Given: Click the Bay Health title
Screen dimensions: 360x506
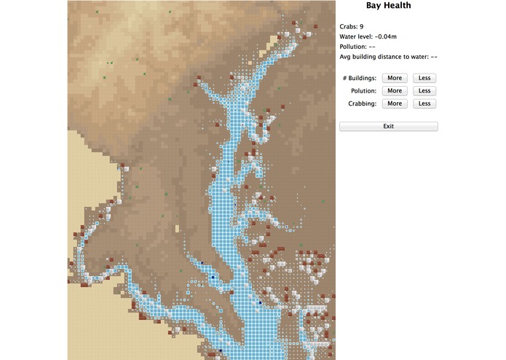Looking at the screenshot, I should [388, 6].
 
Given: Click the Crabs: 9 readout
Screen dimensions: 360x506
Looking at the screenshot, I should [352, 27].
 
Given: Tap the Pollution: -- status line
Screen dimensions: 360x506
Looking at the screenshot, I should [360, 46].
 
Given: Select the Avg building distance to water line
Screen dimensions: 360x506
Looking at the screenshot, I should [388, 56].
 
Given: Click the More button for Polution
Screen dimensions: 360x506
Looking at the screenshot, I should [395, 91].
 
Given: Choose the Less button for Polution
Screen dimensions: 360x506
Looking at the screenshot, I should [424, 91].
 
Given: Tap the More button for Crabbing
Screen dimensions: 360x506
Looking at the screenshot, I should [395, 104].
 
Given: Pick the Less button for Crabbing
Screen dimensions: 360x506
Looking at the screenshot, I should [424, 104].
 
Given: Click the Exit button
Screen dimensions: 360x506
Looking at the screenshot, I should [388, 126].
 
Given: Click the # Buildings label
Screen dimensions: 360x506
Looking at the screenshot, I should [359, 78].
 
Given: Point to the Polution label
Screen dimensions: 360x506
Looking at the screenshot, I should [362, 91].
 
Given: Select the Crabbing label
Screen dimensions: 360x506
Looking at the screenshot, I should [361, 104].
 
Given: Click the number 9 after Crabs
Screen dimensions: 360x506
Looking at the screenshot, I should [361, 27].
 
